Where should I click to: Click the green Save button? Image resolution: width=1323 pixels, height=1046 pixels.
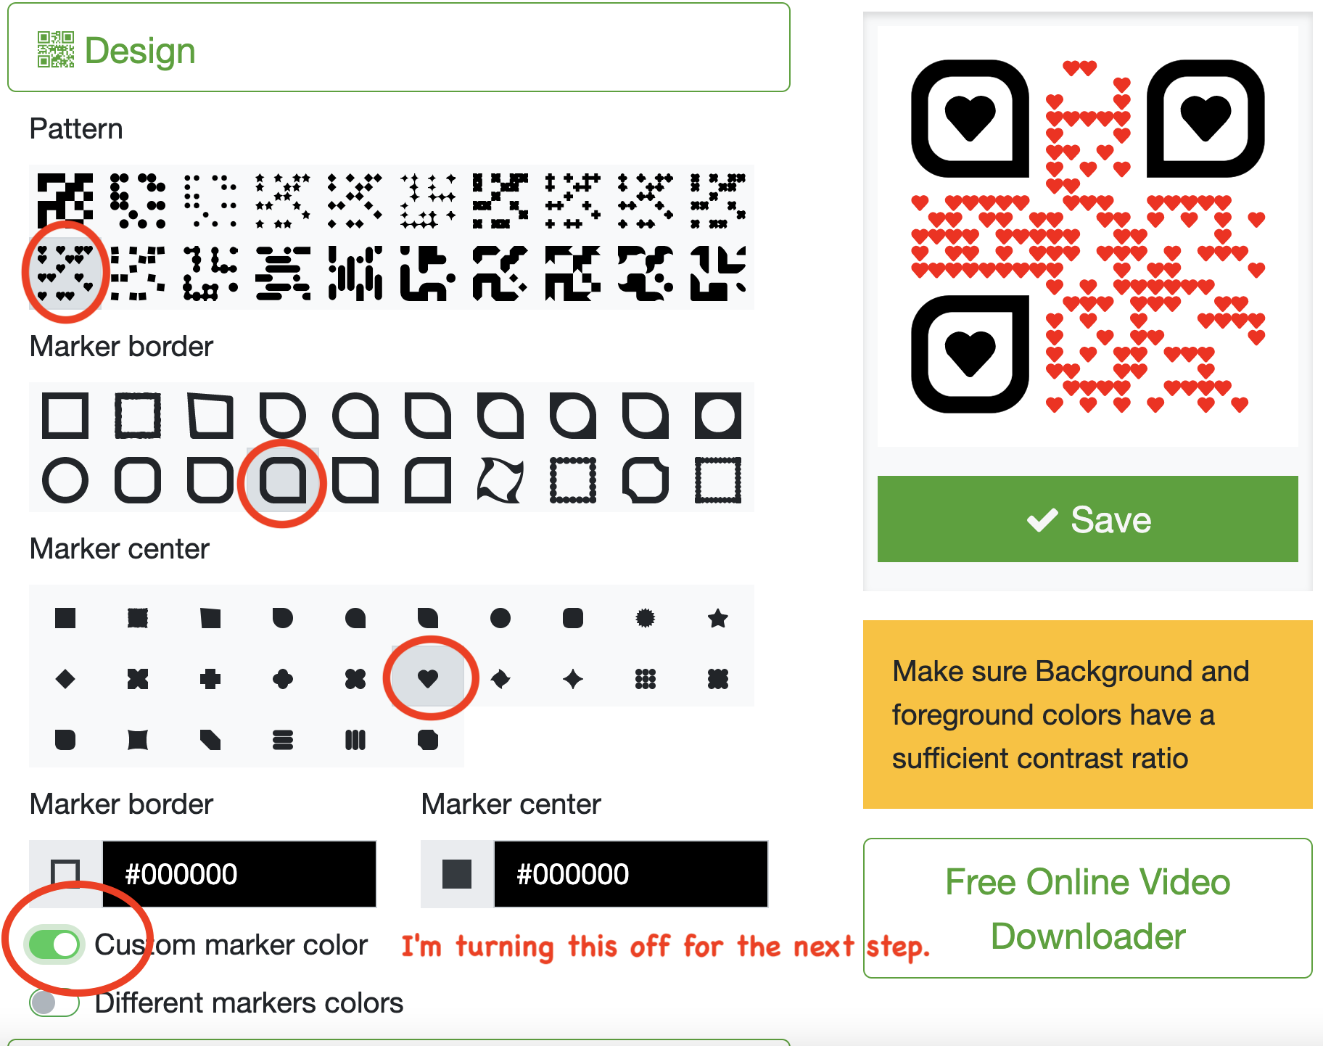tap(1087, 519)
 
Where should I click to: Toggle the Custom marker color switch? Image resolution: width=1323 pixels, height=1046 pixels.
tap(54, 944)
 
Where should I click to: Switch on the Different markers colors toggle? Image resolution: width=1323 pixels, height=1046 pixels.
tap(54, 1002)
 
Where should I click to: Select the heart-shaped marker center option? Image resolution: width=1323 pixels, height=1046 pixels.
tap(428, 678)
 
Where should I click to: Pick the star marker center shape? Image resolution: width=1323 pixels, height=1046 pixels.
tap(718, 618)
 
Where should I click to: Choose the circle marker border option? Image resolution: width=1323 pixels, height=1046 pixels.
tap(65, 480)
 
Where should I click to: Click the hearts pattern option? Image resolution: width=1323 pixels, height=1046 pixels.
tap(65, 273)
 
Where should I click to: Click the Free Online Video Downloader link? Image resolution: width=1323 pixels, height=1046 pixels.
tap(1087, 908)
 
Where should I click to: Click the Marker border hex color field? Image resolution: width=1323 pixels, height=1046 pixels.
tap(239, 874)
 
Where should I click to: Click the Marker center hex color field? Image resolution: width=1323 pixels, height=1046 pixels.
tap(631, 874)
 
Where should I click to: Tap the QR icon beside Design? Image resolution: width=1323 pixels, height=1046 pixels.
tap(56, 49)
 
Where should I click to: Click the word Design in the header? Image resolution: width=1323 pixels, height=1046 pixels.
tap(140, 51)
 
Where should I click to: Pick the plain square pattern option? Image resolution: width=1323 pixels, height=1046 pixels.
tap(65, 200)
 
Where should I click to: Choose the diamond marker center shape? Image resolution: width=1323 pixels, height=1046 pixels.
tap(65, 679)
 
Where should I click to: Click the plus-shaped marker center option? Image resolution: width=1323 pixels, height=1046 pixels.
tap(210, 679)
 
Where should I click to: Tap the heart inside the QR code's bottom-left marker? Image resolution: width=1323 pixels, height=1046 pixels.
tap(970, 353)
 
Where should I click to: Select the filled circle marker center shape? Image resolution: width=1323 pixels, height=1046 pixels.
tap(500, 618)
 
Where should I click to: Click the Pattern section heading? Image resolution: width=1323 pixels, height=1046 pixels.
tap(76, 128)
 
